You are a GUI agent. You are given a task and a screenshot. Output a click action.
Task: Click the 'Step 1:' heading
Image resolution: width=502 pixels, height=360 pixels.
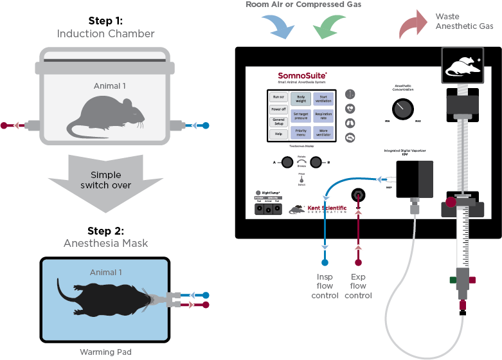click(x=105, y=21)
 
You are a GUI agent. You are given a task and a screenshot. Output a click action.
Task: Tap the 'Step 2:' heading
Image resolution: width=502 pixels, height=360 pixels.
click(x=105, y=231)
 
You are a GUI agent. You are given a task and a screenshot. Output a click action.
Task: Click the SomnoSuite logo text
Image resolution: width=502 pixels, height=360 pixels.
click(x=303, y=76)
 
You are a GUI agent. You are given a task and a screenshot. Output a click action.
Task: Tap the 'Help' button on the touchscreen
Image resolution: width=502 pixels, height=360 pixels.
click(x=278, y=134)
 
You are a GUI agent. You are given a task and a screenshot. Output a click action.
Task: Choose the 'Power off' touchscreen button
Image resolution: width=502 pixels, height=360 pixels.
click(x=278, y=109)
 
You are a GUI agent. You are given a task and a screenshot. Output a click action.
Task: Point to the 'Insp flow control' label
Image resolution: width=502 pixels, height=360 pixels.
click(x=325, y=286)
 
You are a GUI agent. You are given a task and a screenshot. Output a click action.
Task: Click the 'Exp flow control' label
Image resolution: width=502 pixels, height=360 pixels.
click(x=358, y=286)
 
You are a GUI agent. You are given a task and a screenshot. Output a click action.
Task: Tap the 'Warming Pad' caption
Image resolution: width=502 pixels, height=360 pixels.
click(x=105, y=352)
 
